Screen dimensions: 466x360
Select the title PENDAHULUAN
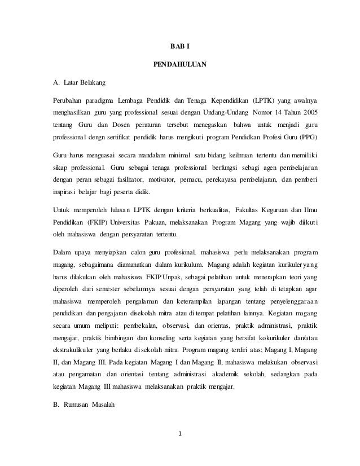click(180, 65)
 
